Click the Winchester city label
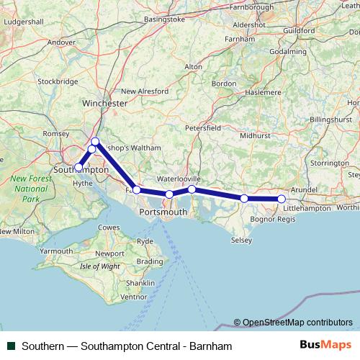pyautogui.click(x=106, y=104)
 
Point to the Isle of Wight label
pyautogui.click(x=100, y=266)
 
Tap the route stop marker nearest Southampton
pyautogui.click(x=78, y=167)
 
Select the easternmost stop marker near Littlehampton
pyautogui.click(x=282, y=199)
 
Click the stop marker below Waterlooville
pyautogui.click(x=192, y=189)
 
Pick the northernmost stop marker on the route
pyautogui.click(x=95, y=141)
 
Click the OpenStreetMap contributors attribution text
pyautogui.click(x=297, y=323)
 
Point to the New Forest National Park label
pyautogui.click(x=30, y=189)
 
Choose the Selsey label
pyautogui.click(x=240, y=240)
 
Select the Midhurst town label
pyautogui.click(x=256, y=135)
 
